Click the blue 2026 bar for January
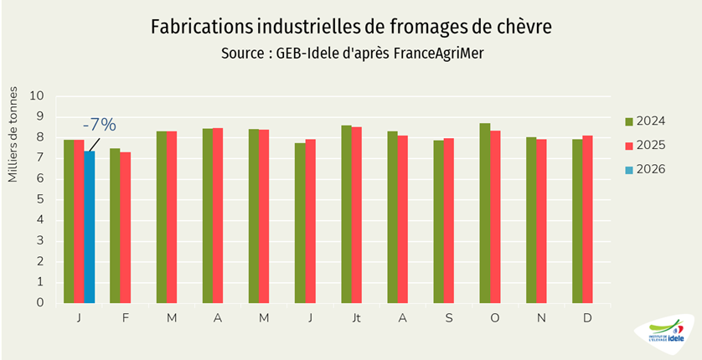pyautogui.click(x=90, y=227)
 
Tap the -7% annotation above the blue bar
pyautogui.click(x=98, y=126)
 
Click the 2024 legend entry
pyautogui.click(x=645, y=121)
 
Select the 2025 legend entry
pyautogui.click(x=645, y=145)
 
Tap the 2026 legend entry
pyautogui.click(x=645, y=169)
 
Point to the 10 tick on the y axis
pyautogui.click(x=37, y=95)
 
